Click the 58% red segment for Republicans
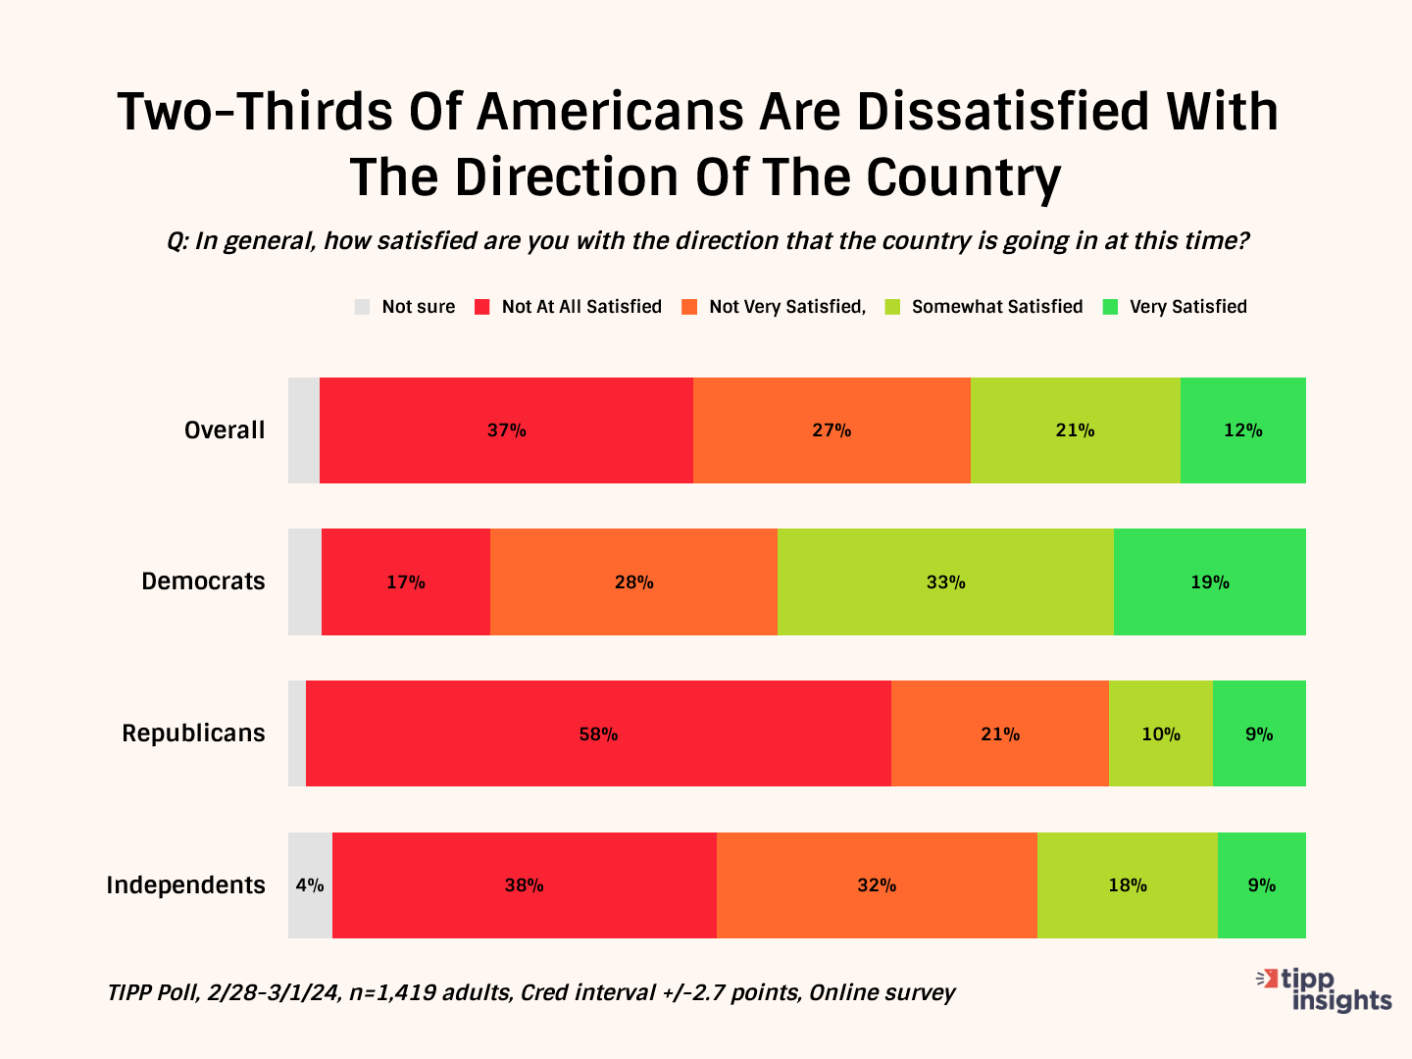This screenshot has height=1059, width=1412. click(598, 733)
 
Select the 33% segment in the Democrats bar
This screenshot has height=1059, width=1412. click(945, 581)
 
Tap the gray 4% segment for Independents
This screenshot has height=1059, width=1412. click(310, 885)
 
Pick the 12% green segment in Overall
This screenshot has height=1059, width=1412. click(1242, 430)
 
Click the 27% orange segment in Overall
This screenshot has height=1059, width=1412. click(832, 430)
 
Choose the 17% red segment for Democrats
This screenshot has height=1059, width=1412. click(405, 581)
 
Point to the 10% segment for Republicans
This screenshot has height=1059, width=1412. click(1161, 733)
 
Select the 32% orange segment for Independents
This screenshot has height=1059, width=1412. click(877, 885)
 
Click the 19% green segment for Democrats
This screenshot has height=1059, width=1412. click(1210, 581)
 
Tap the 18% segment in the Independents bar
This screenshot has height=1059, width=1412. click(1128, 885)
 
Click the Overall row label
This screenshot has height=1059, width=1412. click(225, 430)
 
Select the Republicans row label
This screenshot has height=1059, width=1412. click(193, 733)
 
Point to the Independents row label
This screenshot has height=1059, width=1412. click(185, 885)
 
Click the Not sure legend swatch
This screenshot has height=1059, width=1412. click(363, 307)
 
